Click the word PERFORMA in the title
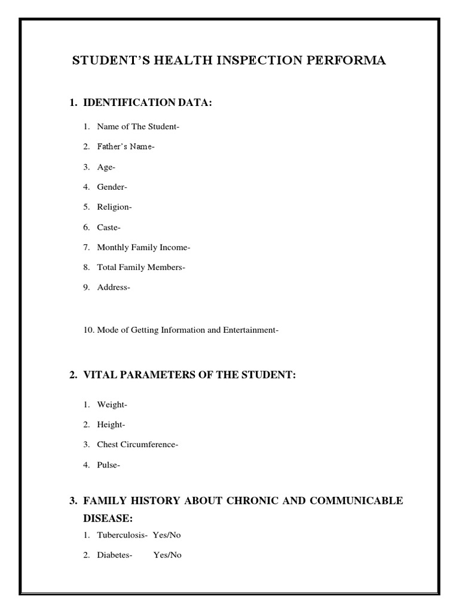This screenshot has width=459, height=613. pos(351,61)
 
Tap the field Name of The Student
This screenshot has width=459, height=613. pos(138,126)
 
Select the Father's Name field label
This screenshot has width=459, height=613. pos(126,147)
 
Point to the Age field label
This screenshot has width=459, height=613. pos(106,167)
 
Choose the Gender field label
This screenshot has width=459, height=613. pos(112,187)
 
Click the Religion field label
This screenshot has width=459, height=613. pos(115,207)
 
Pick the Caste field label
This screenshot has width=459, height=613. pos(109,227)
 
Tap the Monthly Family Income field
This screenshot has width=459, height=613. pos(143,247)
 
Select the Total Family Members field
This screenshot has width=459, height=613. pos(141,268)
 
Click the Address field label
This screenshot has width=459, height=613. pos(114,287)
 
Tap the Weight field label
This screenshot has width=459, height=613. pos(112,405)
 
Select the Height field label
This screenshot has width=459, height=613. pos(111,424)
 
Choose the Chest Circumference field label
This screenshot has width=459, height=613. pos(137,444)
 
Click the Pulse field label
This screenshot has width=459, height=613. pos(109,465)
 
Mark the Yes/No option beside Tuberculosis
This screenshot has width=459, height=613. pos(167,535)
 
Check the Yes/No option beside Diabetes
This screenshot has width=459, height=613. pos(167,555)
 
